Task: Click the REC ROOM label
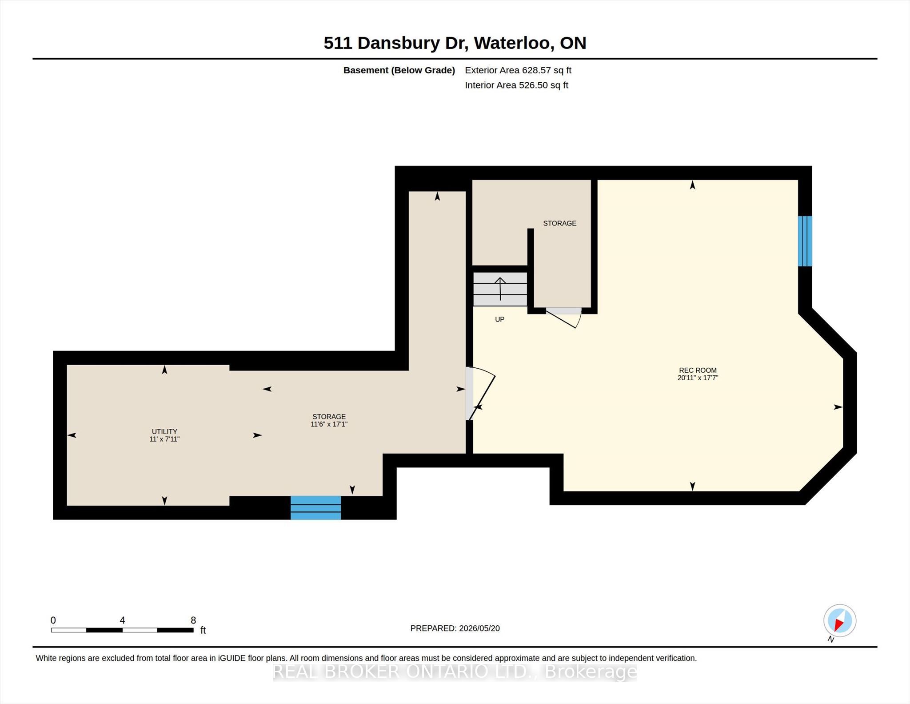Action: pyautogui.click(x=698, y=370)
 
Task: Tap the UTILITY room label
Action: pyautogui.click(x=164, y=431)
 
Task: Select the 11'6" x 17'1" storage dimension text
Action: pyautogui.click(x=329, y=424)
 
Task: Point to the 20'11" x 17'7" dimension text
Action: pyautogui.click(x=698, y=378)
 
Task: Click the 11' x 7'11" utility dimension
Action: pyautogui.click(x=164, y=439)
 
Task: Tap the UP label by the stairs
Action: pyautogui.click(x=499, y=319)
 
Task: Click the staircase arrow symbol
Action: pyautogui.click(x=500, y=289)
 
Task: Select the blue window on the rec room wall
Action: pyautogui.click(x=805, y=241)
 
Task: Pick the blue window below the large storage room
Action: pyautogui.click(x=315, y=507)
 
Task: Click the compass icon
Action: pyautogui.click(x=839, y=621)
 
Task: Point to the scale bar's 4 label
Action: pyautogui.click(x=122, y=620)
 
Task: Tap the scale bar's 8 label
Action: pyautogui.click(x=193, y=620)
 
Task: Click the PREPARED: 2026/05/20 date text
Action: pyautogui.click(x=455, y=628)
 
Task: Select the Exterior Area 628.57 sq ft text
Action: pyautogui.click(x=518, y=70)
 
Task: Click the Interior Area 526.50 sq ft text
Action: pyautogui.click(x=517, y=85)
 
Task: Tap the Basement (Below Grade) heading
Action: pyautogui.click(x=399, y=70)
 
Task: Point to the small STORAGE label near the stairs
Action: pyautogui.click(x=559, y=223)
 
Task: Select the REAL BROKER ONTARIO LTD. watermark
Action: pyautogui.click(x=455, y=672)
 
